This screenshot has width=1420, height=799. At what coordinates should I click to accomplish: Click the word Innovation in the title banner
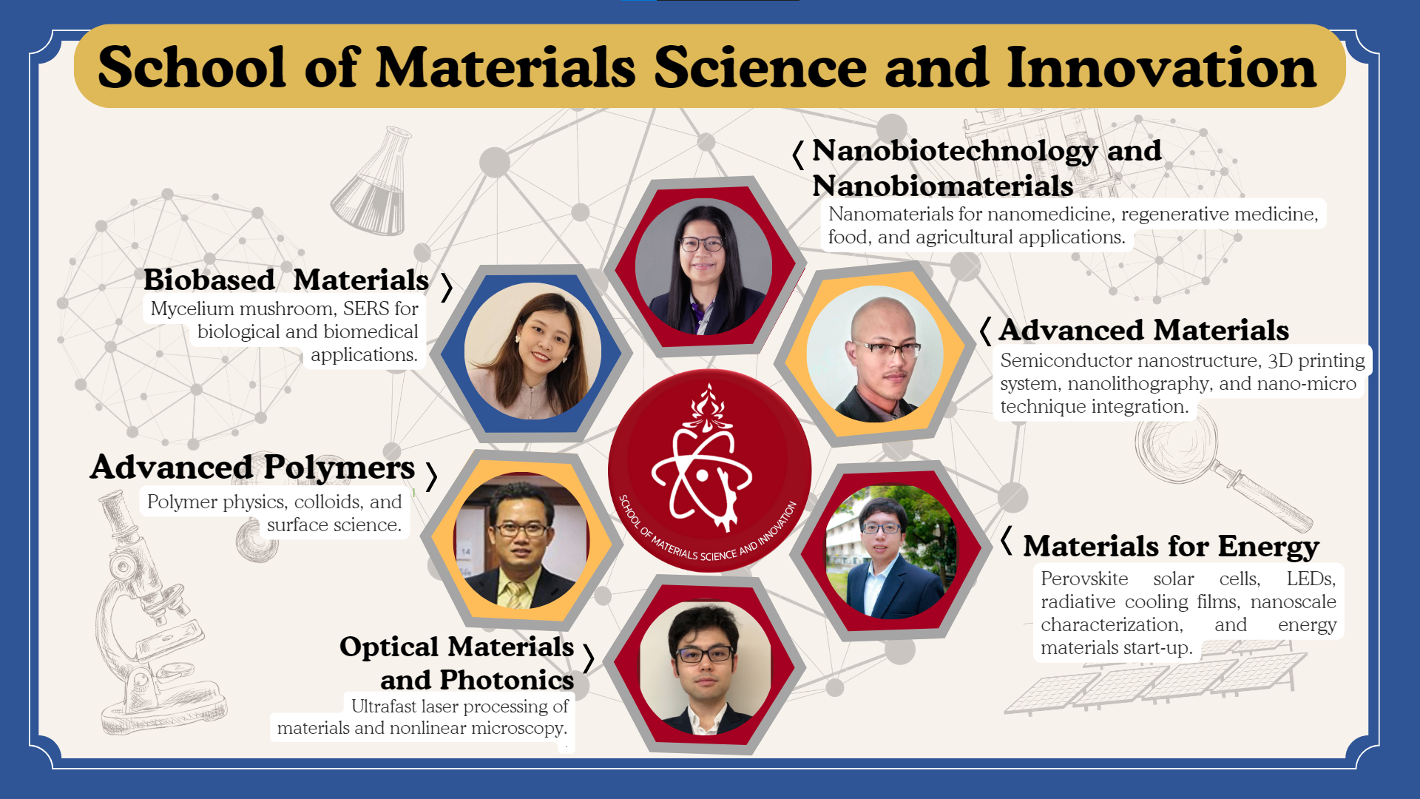[x=1161, y=67]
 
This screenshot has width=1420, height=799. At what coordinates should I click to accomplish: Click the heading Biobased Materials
[x=286, y=280]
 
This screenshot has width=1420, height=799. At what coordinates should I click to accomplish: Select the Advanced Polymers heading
[x=252, y=467]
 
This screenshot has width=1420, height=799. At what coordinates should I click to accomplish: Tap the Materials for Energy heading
[x=1171, y=546]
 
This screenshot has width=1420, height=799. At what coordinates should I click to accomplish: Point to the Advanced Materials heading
[x=1143, y=330]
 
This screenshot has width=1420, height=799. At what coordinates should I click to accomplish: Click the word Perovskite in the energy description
[x=1084, y=579]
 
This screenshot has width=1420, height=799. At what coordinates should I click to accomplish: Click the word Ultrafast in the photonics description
[x=383, y=707]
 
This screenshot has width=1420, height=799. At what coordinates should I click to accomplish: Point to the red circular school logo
[x=710, y=471]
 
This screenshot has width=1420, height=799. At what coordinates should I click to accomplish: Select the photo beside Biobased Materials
[x=532, y=351]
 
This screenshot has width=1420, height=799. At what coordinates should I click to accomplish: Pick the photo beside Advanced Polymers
[x=521, y=540]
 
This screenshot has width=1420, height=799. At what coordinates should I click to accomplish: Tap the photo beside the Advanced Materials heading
[x=875, y=354]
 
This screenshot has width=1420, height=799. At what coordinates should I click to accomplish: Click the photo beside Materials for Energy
[x=891, y=551]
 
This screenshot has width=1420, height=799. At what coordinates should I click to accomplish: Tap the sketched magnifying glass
[x=1220, y=466]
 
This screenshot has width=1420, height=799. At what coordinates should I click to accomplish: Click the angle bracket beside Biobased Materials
[x=446, y=287]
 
